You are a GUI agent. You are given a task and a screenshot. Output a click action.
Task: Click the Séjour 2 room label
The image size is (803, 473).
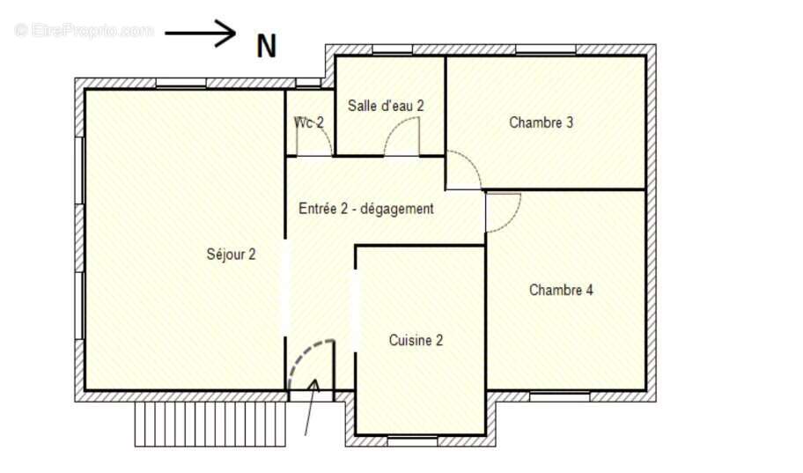coord(231,255)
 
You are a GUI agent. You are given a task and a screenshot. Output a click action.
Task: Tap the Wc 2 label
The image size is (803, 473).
coord(308,122)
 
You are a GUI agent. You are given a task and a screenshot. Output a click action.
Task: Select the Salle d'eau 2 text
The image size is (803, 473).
coord(386,106)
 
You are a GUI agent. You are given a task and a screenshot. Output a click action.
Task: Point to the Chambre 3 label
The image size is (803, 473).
coord(541,122)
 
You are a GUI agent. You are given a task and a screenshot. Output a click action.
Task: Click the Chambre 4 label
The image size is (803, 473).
coord(561,290)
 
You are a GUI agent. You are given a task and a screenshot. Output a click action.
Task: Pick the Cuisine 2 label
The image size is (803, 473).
coord(416,340)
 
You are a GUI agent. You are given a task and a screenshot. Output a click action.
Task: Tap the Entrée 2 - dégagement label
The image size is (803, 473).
coord(366,209)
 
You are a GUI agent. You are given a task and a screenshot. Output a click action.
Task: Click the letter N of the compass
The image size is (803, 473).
coord(266,46)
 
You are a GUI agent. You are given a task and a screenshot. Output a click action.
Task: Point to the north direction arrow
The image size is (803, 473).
coord(200,33)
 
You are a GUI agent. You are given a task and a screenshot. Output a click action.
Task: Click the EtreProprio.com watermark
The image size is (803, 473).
coord(85,30)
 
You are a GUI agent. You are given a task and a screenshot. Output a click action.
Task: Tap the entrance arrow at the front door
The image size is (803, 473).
coord(311,408)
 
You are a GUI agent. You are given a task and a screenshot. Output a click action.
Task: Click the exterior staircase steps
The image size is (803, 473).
coord(210,424)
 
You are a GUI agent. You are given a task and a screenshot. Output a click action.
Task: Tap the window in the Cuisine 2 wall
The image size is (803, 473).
coord(412,440)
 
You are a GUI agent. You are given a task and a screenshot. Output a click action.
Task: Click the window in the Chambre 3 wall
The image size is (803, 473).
coord(545,49)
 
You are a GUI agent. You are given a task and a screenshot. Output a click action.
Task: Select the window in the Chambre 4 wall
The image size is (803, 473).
coord(559,396)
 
